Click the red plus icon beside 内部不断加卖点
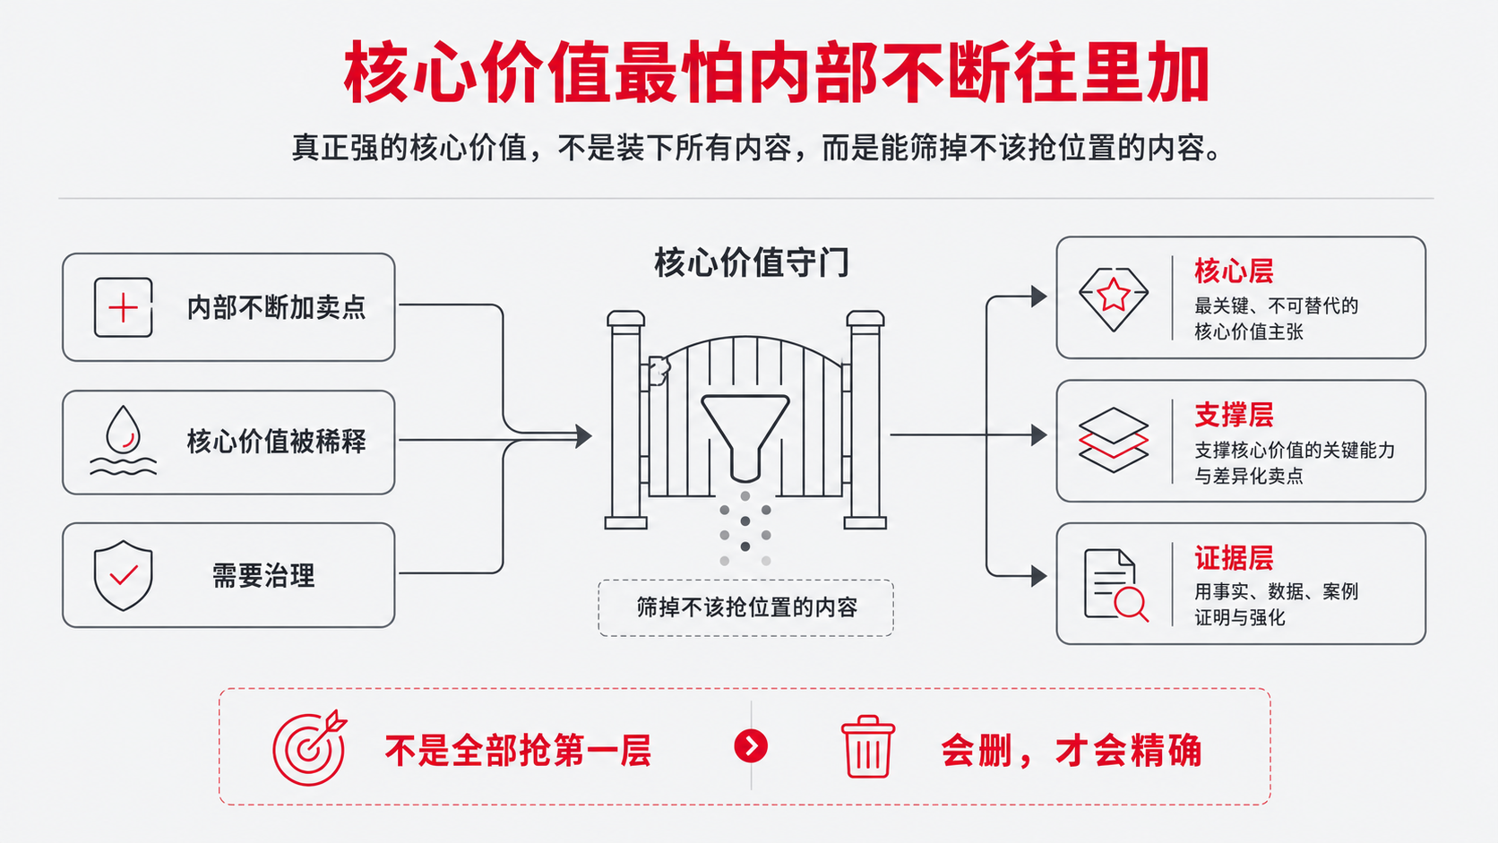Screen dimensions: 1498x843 [123, 307]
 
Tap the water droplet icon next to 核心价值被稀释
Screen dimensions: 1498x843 [123, 440]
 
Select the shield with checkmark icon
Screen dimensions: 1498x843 [123, 576]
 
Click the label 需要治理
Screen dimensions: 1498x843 [263, 576]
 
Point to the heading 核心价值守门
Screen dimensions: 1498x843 [752, 262]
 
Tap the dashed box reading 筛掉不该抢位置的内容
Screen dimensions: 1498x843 [745, 607]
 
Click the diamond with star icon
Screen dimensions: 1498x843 [1114, 299]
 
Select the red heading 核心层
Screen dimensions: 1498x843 [1234, 271]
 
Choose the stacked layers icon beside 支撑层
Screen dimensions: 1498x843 [1114, 441]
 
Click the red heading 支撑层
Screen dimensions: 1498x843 [1234, 415]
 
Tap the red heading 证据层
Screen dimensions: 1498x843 [1234, 557]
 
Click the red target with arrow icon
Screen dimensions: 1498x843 [310, 747]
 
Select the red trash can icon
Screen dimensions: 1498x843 [867, 747]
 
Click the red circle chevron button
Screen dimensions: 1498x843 [751, 746]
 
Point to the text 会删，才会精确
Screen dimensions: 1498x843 [1072, 750]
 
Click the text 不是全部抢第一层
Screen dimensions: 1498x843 [518, 750]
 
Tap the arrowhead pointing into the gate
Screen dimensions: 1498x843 [584, 436]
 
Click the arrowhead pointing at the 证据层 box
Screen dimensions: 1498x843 [1039, 576]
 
